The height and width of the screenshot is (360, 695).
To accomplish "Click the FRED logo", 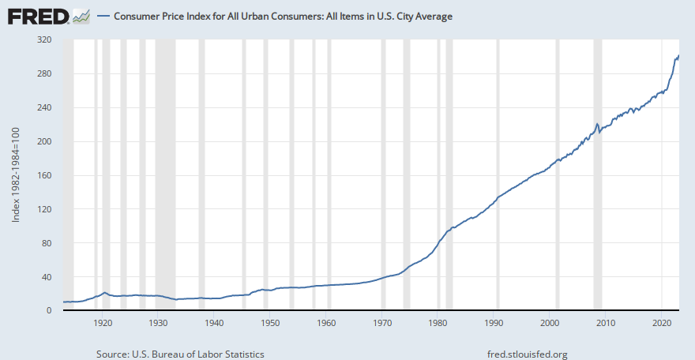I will pyautogui.click(x=47, y=15).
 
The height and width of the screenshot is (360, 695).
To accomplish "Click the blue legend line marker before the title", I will pyautogui.click(x=103, y=16).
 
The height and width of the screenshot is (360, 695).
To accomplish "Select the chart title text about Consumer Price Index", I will pyautogui.click(x=283, y=16).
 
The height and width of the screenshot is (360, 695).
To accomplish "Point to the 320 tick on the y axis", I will pyautogui.click(x=43, y=39).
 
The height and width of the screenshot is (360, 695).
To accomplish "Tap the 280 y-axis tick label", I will pyautogui.click(x=43, y=73).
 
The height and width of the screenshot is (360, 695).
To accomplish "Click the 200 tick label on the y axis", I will pyautogui.click(x=43, y=141).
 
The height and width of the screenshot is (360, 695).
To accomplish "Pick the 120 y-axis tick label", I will pyautogui.click(x=43, y=209).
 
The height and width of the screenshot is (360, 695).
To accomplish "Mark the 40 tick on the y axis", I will pyautogui.click(x=46, y=277).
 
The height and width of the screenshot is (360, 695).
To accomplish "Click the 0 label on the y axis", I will pyautogui.click(x=48, y=311).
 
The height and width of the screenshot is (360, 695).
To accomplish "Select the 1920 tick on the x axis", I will pyautogui.click(x=103, y=323).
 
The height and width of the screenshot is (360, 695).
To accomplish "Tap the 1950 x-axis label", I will pyautogui.click(x=270, y=323).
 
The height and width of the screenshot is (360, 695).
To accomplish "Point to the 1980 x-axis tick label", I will pyautogui.click(x=438, y=323).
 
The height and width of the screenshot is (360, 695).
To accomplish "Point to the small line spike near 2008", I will pyautogui.click(x=597, y=124).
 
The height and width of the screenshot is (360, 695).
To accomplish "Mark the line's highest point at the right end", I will pyautogui.click(x=679, y=54).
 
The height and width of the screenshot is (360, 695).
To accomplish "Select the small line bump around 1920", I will pyautogui.click(x=105, y=293).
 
